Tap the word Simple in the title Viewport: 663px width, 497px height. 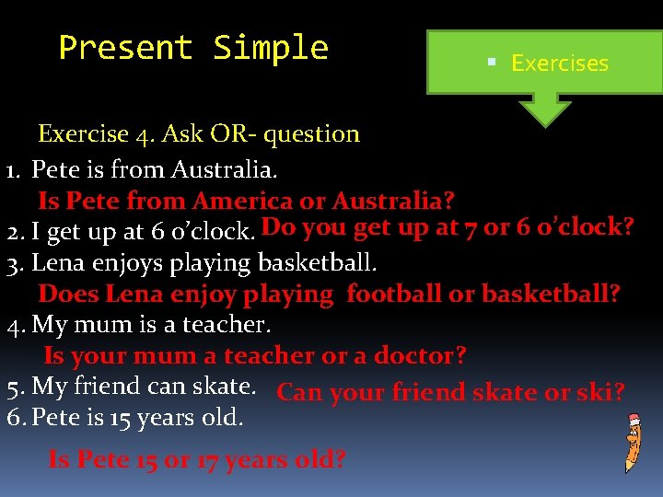[x=271, y=48]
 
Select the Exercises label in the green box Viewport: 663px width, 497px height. [x=559, y=64]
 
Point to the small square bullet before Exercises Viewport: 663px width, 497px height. [x=492, y=62]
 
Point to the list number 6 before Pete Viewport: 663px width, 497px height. [x=14, y=418]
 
